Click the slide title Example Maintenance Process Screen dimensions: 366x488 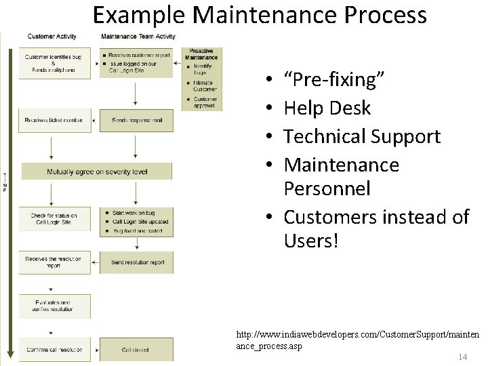[260, 15]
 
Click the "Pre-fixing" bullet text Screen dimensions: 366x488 [335, 80]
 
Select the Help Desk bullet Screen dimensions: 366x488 [327, 108]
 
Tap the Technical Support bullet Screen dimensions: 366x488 [362, 136]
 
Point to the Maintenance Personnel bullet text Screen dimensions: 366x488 [341, 176]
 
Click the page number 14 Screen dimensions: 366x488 [463, 357]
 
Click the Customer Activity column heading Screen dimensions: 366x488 [52, 37]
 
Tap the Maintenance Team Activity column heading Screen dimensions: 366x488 [138, 37]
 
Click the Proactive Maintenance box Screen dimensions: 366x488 [201, 79]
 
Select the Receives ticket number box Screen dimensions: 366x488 [54, 121]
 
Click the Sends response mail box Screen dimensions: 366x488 [136, 121]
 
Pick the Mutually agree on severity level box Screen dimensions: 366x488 [97, 171]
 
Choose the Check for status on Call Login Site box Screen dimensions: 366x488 [54, 219]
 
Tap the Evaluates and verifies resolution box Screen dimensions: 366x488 [54, 306]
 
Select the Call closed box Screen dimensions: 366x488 [136, 350]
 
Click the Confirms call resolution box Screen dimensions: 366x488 [54, 350]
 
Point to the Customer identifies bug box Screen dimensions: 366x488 [54, 62]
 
